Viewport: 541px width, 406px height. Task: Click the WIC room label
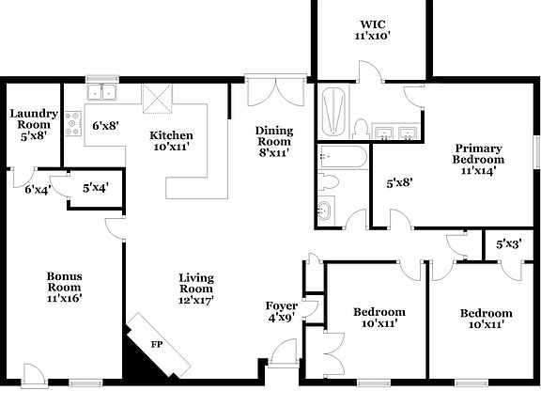point(373,24)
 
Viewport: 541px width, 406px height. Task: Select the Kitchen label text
point(172,135)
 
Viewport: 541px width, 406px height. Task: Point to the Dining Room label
point(275,136)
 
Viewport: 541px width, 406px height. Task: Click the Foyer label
point(282,305)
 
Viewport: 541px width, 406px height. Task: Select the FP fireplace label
point(157,344)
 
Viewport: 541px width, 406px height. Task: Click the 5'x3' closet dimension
point(506,244)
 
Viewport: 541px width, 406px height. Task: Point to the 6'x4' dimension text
point(37,190)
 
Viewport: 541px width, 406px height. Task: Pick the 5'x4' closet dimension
point(95,188)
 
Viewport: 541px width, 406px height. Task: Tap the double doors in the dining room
point(275,93)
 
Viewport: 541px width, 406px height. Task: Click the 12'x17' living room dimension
point(197,301)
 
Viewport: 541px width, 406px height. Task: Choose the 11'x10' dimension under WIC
point(373,36)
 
